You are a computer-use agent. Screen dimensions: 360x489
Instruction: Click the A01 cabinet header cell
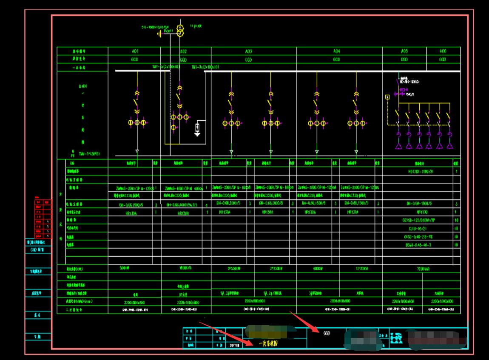coord(135,51)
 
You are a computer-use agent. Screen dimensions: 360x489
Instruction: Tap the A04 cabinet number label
coord(336,51)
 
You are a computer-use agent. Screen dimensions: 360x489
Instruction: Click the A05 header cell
coord(404,51)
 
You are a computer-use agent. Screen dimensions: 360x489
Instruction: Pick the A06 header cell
coord(443,51)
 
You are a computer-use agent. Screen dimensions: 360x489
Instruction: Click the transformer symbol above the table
coord(180,30)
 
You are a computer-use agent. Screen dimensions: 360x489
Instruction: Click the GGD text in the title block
coord(327,334)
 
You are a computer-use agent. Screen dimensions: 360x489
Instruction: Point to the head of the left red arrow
coord(252,344)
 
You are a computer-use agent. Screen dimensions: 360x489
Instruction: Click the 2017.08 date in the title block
coord(235,346)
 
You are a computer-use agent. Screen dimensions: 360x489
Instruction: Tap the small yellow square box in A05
coord(387,97)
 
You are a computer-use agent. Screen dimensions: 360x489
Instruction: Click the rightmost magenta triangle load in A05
coord(449,146)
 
